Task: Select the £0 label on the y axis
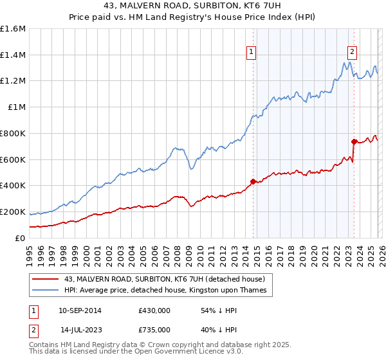21,238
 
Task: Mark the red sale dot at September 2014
253,181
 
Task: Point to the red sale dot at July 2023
353,141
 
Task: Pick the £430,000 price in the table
154,310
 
